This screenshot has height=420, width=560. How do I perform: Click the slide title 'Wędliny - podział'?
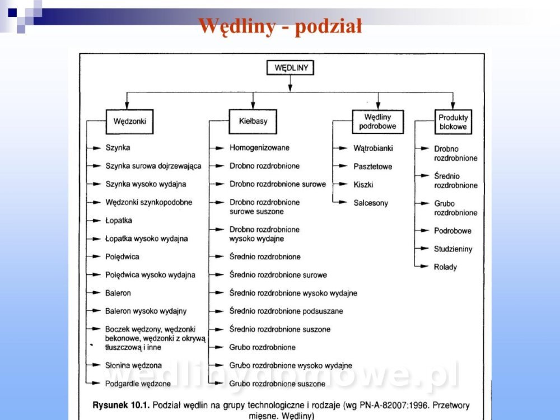click(280, 26)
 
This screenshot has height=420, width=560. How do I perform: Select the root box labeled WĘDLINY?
click(290, 68)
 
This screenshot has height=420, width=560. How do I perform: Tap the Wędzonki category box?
click(129, 121)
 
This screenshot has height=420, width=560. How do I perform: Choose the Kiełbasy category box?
click(253, 121)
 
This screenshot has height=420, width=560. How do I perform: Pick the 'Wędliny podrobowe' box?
click(377, 122)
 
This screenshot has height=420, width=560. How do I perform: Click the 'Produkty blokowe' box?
click(453, 122)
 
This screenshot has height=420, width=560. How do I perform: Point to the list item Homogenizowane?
click(259, 148)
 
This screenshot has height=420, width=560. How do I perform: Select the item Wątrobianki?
click(373, 148)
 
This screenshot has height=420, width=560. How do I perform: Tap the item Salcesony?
click(370, 203)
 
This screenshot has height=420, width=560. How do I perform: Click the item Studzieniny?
click(453, 249)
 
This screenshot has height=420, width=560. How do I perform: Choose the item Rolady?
click(445, 267)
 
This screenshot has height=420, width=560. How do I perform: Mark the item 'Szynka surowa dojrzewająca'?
click(153, 166)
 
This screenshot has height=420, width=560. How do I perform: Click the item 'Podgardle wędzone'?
click(138, 384)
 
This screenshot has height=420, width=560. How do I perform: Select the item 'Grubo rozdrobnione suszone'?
click(277, 384)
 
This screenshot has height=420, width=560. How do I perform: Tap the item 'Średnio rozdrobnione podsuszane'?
click(286, 311)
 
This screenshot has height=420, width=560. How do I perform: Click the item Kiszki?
click(363, 184)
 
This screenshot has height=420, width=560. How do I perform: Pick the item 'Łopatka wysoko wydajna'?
click(146, 239)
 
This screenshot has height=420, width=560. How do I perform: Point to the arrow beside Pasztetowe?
click(342, 166)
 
